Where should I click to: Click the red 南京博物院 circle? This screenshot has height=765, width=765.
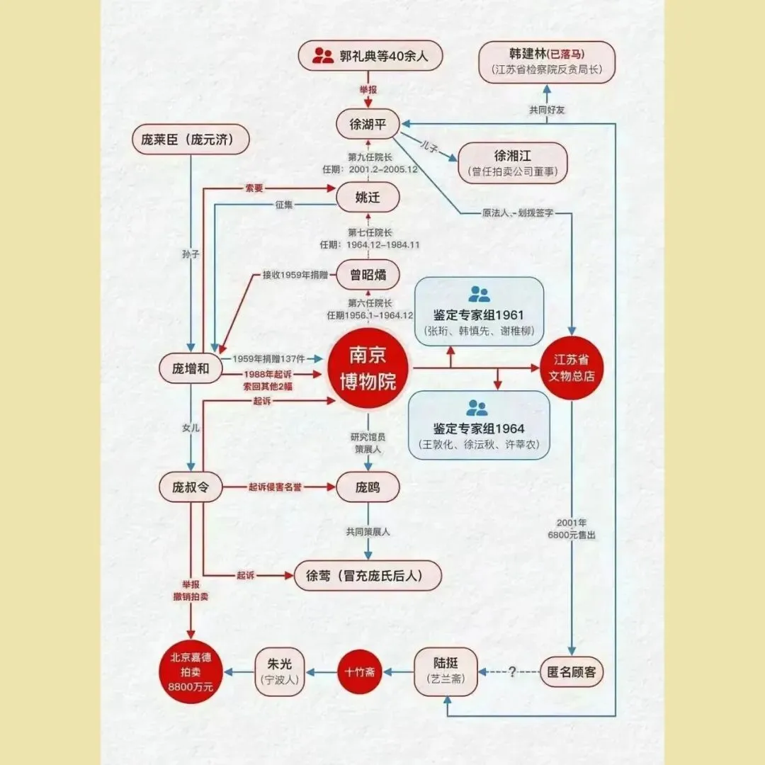coord(368,368)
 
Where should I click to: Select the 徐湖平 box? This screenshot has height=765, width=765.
coord(368,123)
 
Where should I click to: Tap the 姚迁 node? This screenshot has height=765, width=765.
coord(368,198)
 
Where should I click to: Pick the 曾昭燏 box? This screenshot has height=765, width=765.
coord(368,274)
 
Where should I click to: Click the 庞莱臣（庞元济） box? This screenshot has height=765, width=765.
coord(192,140)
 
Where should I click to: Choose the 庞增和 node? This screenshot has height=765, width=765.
coord(191,368)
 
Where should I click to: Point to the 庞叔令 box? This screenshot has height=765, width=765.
coord(191,487)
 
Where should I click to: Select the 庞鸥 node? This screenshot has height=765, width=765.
coord(368,487)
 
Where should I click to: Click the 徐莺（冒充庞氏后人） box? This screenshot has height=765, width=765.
coord(368,575)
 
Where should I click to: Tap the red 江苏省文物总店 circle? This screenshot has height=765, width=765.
coord(572,368)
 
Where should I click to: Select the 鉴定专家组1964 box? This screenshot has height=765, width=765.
coord(479,424)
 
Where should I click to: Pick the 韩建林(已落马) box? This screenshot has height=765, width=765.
coord(548,62)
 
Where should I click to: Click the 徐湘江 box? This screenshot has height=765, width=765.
coord(513,163)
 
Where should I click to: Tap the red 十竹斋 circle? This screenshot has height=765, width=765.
coord(359,671)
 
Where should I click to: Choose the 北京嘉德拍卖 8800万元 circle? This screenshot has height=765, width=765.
coord(191,671)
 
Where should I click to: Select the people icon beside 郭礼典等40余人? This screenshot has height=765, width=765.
coord(323,55)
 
